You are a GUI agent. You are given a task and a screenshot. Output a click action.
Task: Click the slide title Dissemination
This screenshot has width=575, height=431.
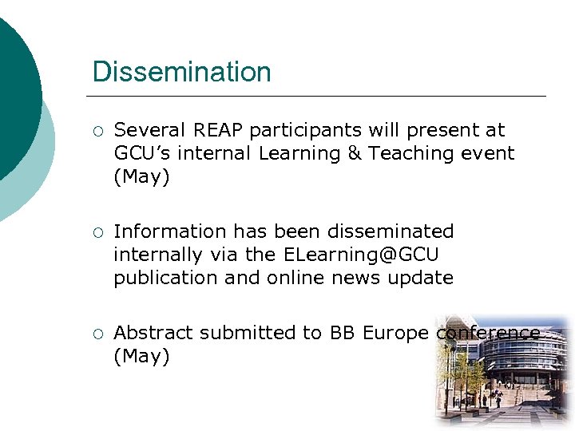tap(181, 72)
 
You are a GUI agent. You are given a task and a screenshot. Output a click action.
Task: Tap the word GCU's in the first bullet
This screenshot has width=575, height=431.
tap(142, 153)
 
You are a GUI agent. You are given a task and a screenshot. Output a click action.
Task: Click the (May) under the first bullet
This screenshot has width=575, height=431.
tap(141, 176)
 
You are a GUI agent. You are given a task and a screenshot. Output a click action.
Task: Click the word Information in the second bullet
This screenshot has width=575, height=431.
tap(171, 231)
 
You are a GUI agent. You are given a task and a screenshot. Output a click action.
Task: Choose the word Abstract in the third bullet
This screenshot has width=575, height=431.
tap(153, 333)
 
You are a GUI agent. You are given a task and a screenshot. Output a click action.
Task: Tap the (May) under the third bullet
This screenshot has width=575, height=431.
tap(141, 356)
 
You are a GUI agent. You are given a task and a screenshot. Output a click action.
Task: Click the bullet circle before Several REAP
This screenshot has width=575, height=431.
tap(97, 131)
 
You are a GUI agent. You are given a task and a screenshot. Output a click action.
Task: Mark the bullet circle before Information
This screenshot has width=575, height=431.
tap(97, 232)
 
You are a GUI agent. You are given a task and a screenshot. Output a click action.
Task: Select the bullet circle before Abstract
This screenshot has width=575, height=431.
tap(97, 334)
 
